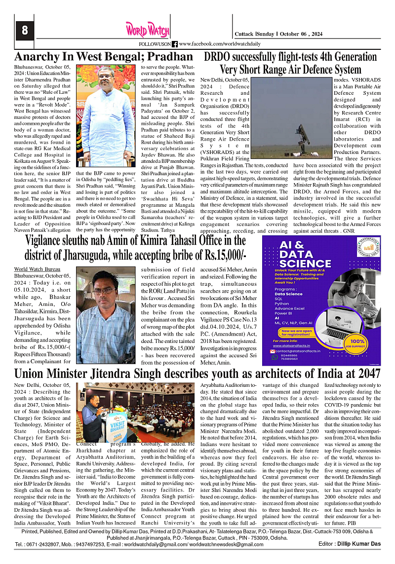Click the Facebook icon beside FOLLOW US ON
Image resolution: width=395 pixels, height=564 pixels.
[174, 44]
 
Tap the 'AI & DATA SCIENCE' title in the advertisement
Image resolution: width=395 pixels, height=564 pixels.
[305, 255]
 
